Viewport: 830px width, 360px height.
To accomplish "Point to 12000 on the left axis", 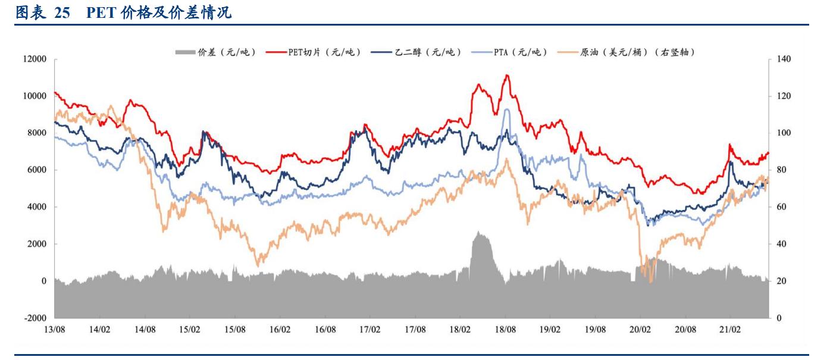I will click(35, 60).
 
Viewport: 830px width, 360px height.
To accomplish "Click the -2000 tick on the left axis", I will click(35, 318).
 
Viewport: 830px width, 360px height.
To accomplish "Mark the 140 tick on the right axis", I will click(784, 60).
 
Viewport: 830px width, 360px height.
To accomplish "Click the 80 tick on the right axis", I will click(782, 170).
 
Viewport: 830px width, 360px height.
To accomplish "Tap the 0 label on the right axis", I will click(779, 318).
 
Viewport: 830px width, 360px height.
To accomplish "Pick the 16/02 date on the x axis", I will click(280, 329).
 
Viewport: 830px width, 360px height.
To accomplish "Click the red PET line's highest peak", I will click(506, 75).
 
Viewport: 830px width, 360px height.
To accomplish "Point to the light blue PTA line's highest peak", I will click(506, 109).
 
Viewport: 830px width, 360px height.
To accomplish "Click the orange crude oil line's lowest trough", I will click(650, 281).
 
